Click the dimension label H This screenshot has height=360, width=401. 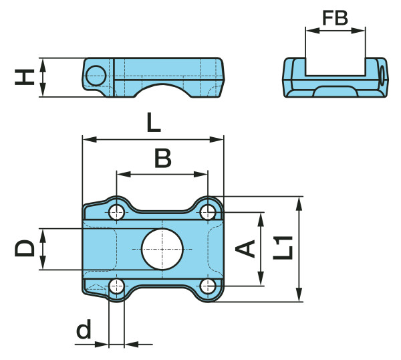pyautogui.click(x=25, y=78)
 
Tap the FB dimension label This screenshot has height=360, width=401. pyautogui.click(x=335, y=17)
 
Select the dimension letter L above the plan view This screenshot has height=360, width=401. pyautogui.click(x=153, y=122)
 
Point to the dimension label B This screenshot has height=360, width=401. pyautogui.click(x=162, y=159)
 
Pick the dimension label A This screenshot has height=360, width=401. pyautogui.click(x=247, y=248)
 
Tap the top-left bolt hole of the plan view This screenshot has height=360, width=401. pyautogui.click(x=117, y=213)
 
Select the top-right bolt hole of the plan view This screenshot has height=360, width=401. pyautogui.click(x=209, y=213)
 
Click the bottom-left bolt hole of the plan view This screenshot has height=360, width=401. pyautogui.click(x=117, y=287)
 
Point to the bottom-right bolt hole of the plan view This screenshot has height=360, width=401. pyautogui.click(x=209, y=287)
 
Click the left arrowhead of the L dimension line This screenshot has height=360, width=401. pyautogui.click(x=86, y=139)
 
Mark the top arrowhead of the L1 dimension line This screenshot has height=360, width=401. pyautogui.click(x=299, y=200)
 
